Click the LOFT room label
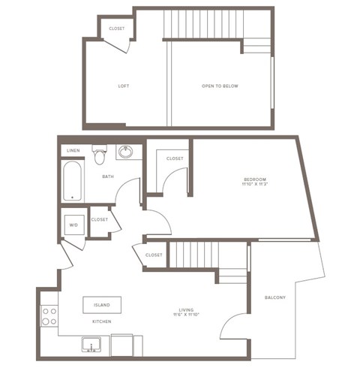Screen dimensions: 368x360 pos(124,86)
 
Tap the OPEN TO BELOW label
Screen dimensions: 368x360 pos(220,86)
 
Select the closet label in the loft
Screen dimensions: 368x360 pos(117,29)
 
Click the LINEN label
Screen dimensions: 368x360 pos(73,151)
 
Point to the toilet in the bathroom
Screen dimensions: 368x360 pos(98,155)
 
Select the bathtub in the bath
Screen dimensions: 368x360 pos(72,182)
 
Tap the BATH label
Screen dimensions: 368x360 pos(108,177)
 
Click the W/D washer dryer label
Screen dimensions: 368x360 pos(73,224)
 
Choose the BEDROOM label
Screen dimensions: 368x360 pos(255,179)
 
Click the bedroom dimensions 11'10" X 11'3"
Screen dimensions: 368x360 pos(255,185)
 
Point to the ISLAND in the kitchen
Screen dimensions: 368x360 pos(102,305)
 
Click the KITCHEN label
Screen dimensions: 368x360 pos(102,321)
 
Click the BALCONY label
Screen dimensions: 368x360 pos(275,297)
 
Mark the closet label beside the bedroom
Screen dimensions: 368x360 pos(175,158)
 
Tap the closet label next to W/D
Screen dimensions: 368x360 pos(100,219)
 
